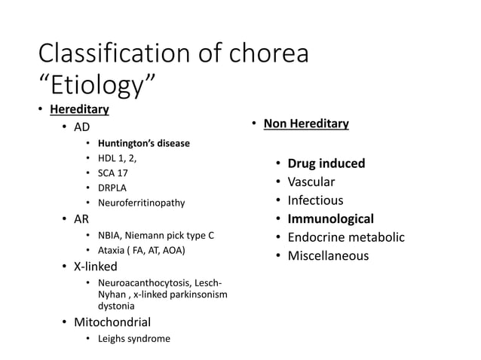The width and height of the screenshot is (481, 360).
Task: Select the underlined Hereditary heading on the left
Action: pyautogui.click(x=79, y=110)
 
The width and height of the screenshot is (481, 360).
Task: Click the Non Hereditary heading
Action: pyautogui.click(x=305, y=124)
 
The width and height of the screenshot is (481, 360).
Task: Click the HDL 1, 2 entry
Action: pyautogui.click(x=117, y=158)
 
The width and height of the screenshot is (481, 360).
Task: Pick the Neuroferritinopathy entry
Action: pyautogui.click(x=141, y=203)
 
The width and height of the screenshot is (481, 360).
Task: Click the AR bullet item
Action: pyautogui.click(x=81, y=221)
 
